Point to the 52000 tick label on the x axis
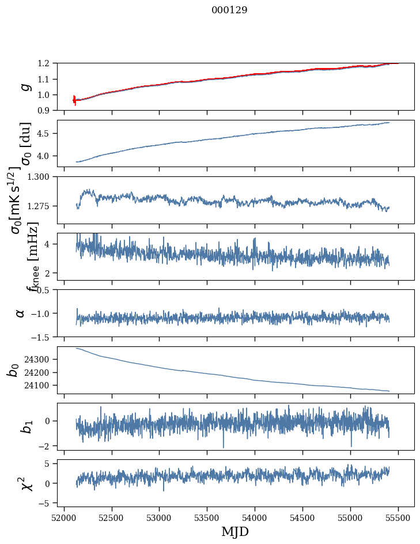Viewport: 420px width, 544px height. click(64, 517)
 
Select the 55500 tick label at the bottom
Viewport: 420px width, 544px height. click(399, 517)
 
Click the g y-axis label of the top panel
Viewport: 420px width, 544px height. click(24, 86)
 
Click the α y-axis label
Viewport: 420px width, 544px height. click(21, 313)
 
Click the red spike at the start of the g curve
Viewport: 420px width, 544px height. click(74, 99)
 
